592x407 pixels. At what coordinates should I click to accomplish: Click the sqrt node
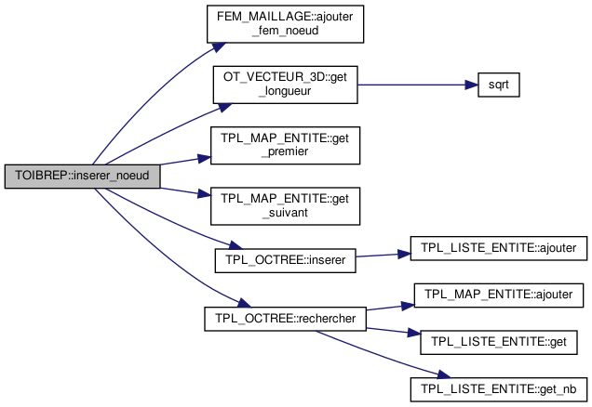(x=496, y=85)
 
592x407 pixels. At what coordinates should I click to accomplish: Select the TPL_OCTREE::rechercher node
(x=285, y=318)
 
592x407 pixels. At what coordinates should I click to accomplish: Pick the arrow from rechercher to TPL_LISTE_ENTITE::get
(x=391, y=329)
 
